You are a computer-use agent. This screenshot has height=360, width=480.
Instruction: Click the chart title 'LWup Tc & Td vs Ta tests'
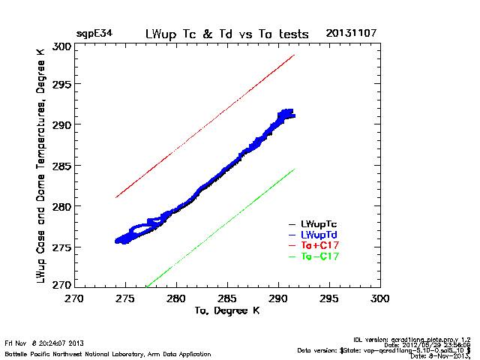pos(226,34)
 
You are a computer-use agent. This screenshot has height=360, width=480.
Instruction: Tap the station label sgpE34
pos(92,34)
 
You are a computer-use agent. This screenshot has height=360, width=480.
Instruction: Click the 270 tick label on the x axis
pos(74,298)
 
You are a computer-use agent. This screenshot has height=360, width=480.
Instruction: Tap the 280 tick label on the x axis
pos(176,298)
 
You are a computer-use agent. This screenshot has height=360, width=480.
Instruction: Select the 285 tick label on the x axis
pos(227,298)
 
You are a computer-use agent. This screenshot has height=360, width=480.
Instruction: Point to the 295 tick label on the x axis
pos(330,298)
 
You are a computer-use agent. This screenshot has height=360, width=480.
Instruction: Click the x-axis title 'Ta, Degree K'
pos(227,309)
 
